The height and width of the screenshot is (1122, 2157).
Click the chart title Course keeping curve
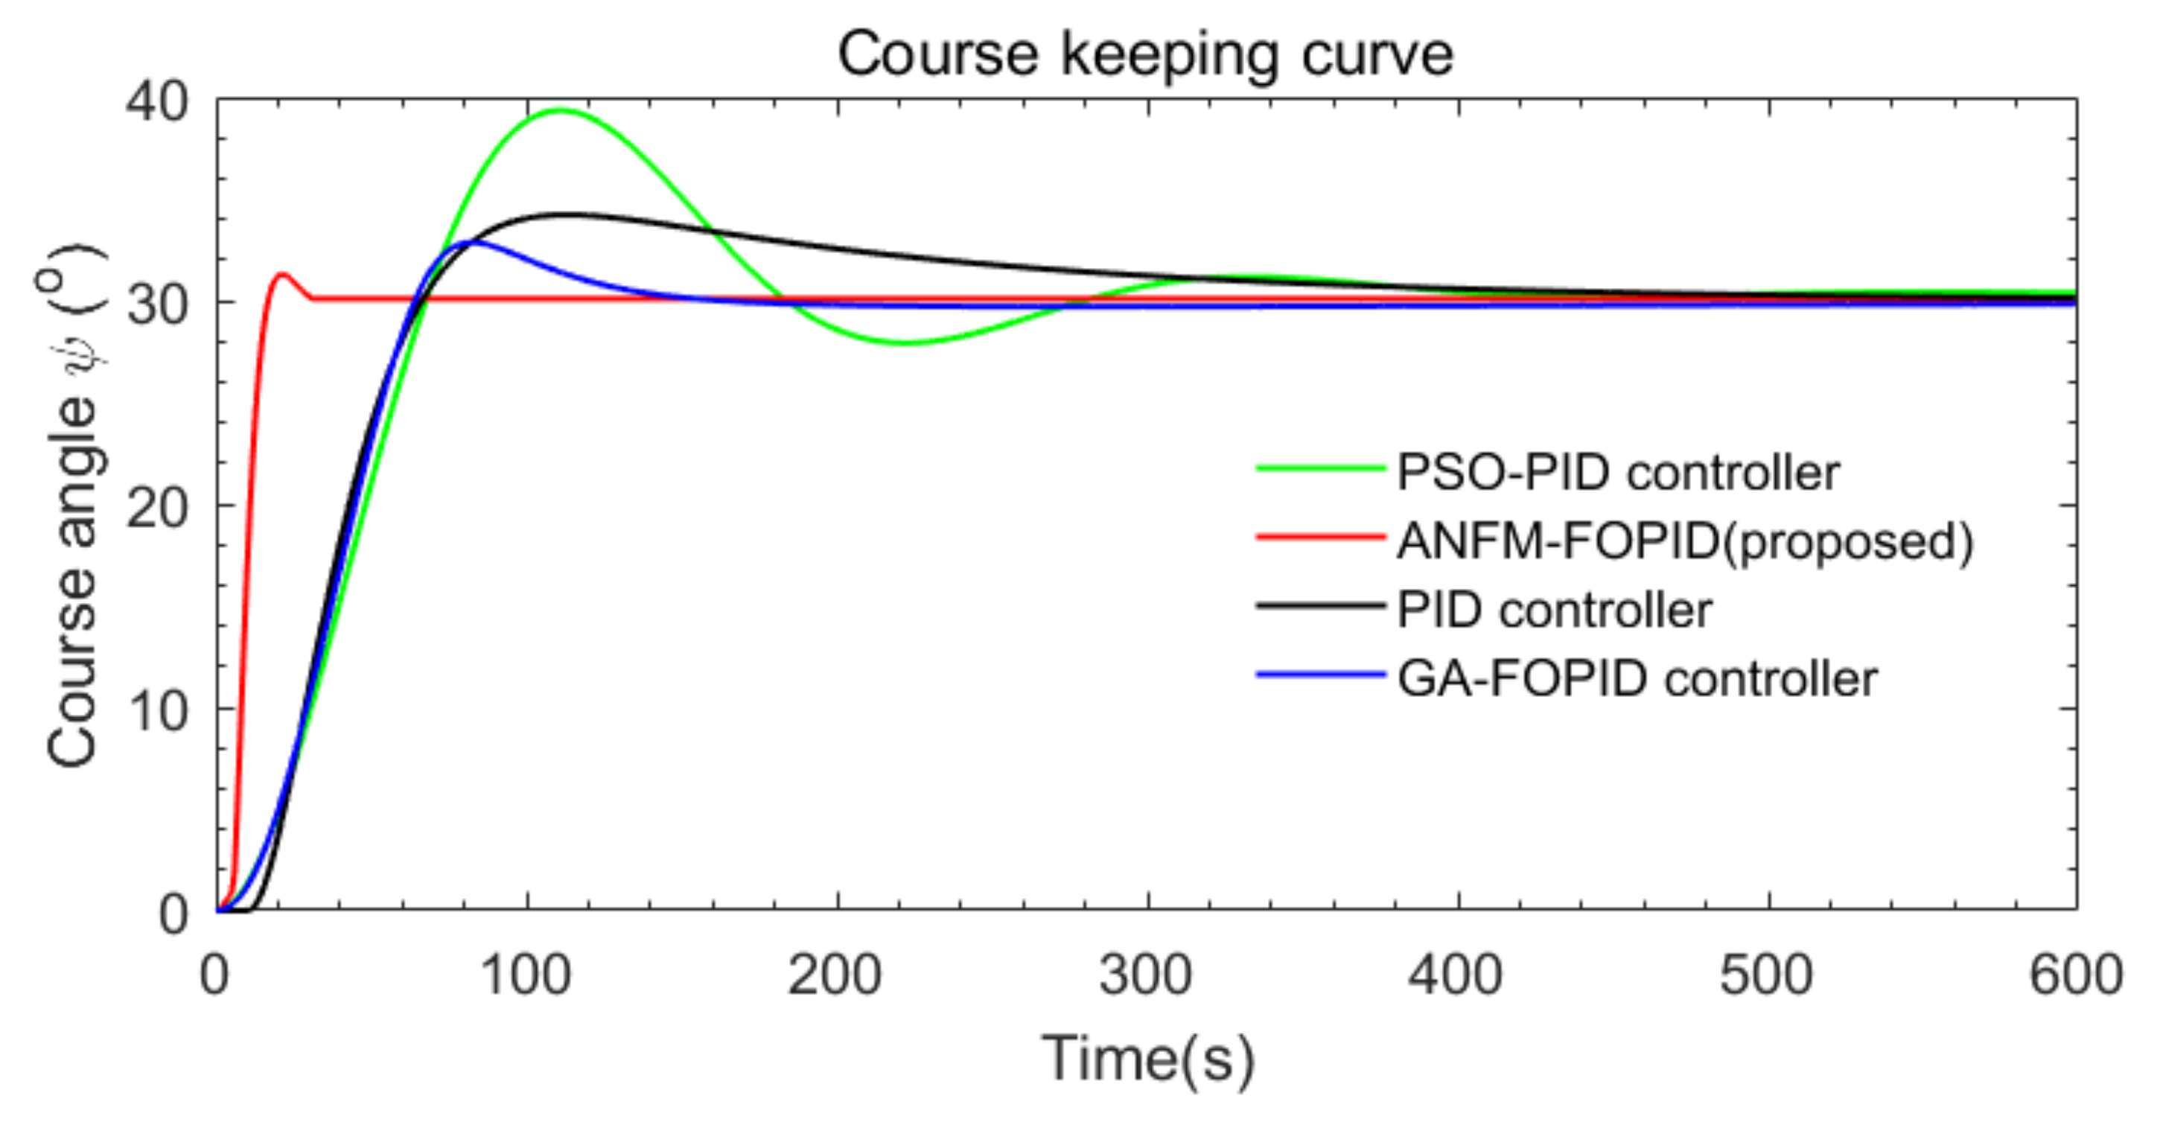(1144, 55)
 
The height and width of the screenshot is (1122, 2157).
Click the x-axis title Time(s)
(1147, 1059)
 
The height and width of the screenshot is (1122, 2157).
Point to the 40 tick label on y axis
(156, 103)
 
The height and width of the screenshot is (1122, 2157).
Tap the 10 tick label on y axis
(156, 711)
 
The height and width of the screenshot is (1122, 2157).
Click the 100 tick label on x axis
(526, 976)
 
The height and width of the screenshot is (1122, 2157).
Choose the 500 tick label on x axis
(1767, 976)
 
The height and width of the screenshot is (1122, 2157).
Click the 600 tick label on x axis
(2075, 976)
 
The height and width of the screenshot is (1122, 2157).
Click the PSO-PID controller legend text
(1618, 473)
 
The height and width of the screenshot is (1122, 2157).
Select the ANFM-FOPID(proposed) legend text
(1685, 542)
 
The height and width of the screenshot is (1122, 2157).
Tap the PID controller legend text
(1554, 610)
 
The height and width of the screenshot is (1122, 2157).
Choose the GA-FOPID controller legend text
(1637, 678)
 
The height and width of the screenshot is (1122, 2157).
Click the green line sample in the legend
(1321, 469)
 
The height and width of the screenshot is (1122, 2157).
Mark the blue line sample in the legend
(1321, 674)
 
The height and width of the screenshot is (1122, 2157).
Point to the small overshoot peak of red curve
(282, 274)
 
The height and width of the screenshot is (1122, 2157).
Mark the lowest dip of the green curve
(906, 342)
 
